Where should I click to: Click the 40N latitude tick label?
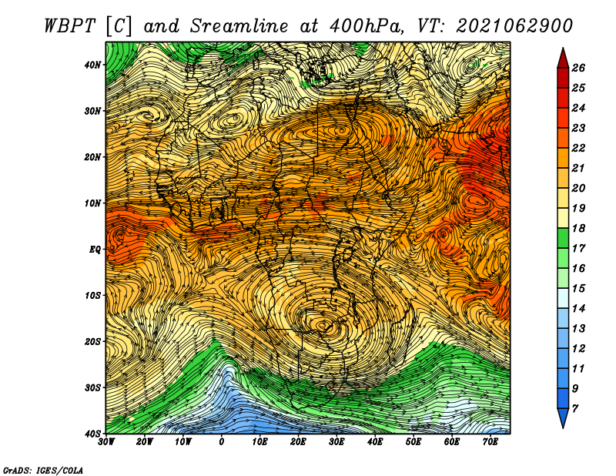pos(92,65)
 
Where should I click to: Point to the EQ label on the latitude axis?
pos(95,250)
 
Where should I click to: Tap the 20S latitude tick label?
pos(92,341)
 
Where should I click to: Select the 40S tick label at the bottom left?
pos(92,434)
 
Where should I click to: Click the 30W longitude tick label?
pos(106,442)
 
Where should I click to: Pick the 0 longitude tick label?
pos(222,442)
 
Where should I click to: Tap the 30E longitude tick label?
pos(336,442)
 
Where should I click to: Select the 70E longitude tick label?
pos(490,442)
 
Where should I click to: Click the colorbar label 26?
pos(578,68)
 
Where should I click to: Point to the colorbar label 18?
pos(578,228)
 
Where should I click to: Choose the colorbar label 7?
pos(574,409)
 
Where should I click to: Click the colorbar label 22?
pos(578,148)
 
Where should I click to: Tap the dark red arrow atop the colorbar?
pos(563,59)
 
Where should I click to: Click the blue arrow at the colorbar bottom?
pos(563,418)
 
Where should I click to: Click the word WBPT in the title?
pos(70,26)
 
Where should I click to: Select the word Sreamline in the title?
pos(239,26)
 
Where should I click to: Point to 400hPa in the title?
pos(367,26)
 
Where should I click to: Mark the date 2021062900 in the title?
pos(514,26)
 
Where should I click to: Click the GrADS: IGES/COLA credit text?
pos(43,470)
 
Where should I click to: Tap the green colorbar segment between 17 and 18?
pos(563,238)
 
